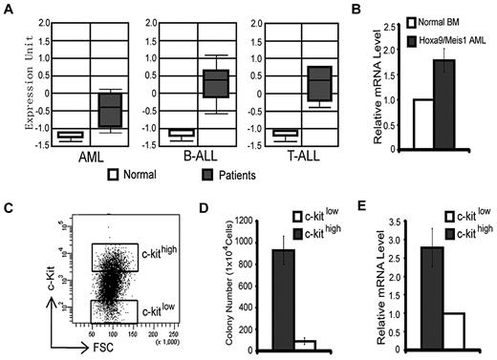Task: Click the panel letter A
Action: (9, 9)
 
